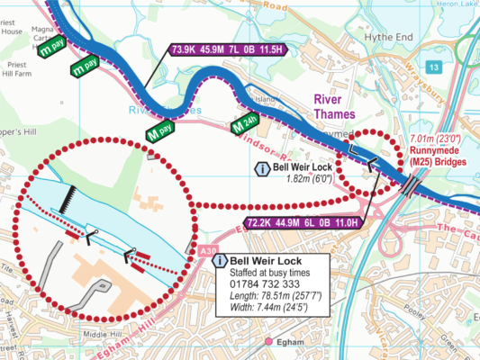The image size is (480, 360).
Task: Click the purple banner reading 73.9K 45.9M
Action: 227,50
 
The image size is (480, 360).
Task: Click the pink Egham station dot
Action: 268,341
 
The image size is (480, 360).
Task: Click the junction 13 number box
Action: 434,67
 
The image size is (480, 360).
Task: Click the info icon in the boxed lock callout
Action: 221,261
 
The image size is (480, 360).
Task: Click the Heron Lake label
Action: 456,4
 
